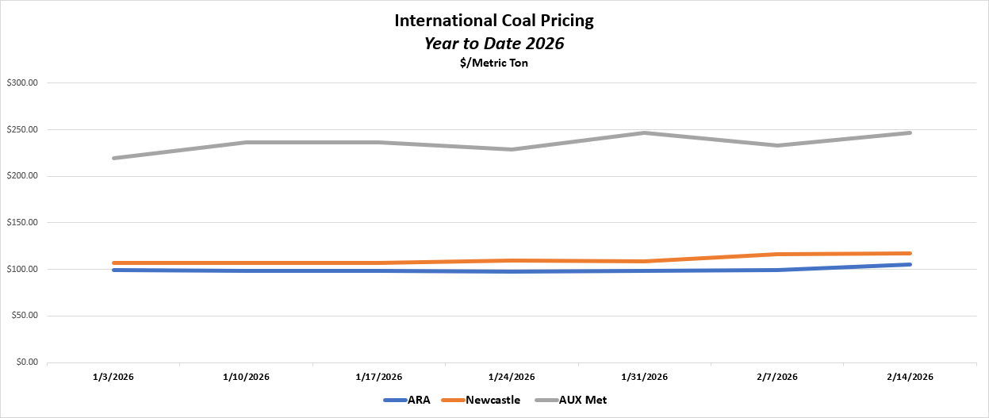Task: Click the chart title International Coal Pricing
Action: (x=493, y=21)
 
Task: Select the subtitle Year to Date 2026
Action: (x=493, y=44)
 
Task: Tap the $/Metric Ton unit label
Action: (x=493, y=63)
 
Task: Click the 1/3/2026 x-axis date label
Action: (x=114, y=377)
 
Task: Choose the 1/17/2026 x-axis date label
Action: (x=380, y=377)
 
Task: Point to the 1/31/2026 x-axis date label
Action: (x=645, y=377)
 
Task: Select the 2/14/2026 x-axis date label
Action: (x=910, y=377)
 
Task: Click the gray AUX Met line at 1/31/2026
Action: (x=645, y=132)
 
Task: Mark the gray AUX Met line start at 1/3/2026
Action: (x=115, y=158)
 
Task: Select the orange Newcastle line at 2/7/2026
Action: (x=778, y=254)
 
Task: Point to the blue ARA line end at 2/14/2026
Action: (x=910, y=264)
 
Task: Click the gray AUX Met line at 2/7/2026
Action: (x=778, y=145)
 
